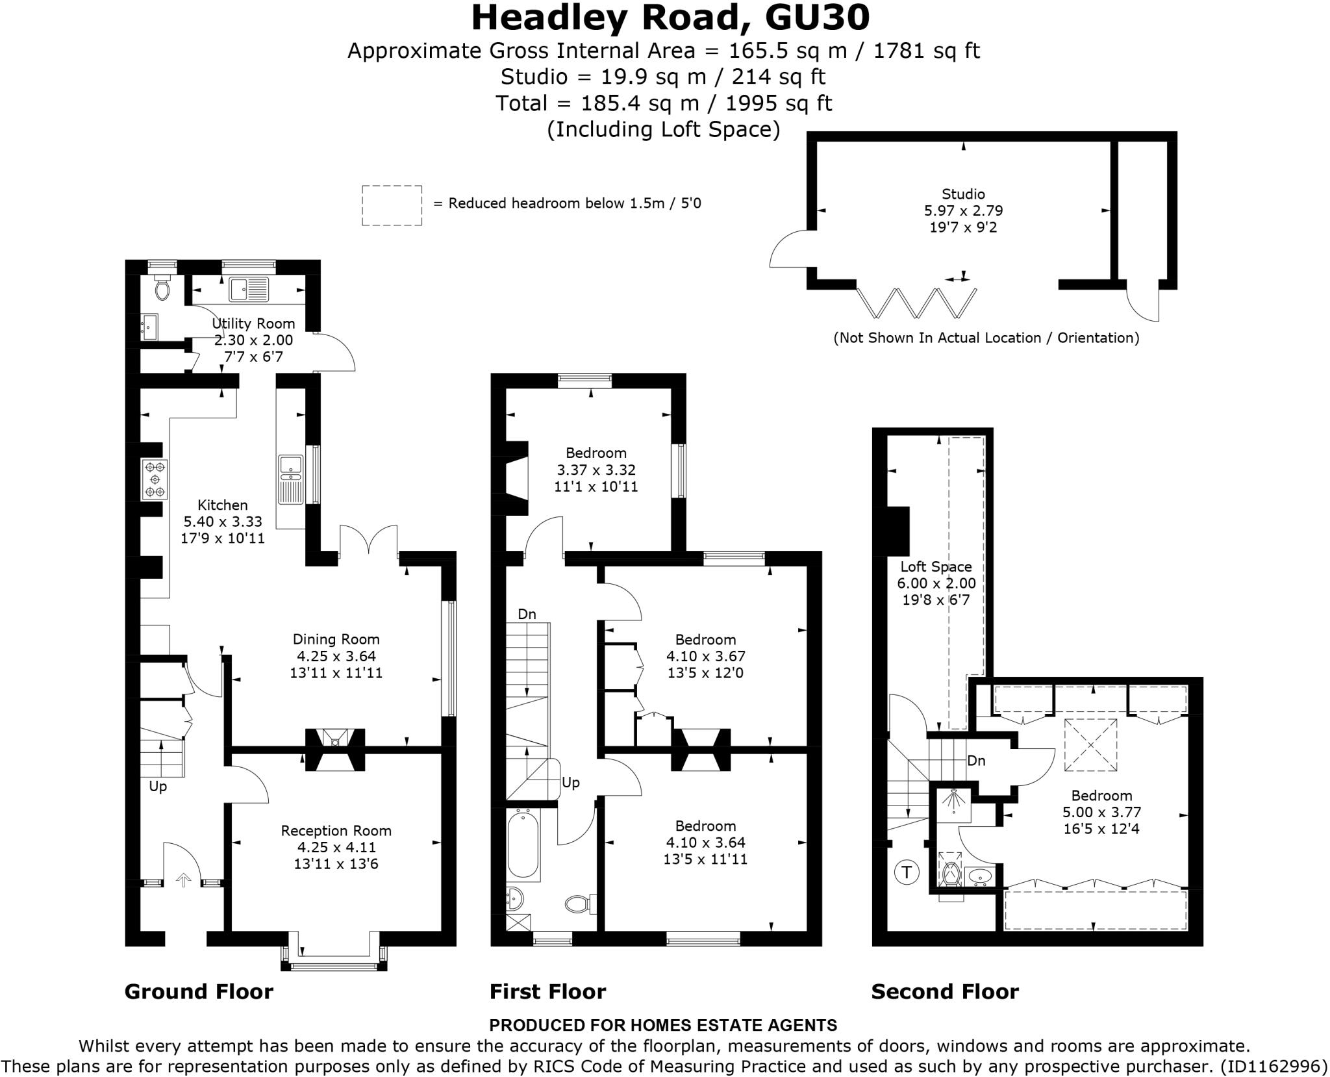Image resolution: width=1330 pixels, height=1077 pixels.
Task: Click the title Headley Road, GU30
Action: coord(670,18)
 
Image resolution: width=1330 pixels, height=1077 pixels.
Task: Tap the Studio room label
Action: coord(963,194)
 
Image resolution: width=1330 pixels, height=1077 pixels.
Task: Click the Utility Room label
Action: coord(253,323)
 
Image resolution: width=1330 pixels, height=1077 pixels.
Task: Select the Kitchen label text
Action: coord(223,505)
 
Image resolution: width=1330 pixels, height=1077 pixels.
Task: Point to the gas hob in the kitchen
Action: coord(155,479)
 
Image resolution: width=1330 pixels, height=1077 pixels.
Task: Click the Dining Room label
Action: coord(336,639)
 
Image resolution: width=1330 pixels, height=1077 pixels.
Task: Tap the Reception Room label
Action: coord(336,830)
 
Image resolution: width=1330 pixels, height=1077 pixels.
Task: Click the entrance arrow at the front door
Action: coord(184,880)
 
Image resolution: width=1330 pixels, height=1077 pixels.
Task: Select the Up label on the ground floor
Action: coord(158,786)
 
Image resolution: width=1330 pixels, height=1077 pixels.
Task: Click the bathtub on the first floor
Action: coord(523,844)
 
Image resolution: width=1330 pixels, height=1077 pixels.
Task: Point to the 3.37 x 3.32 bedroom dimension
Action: coord(596,470)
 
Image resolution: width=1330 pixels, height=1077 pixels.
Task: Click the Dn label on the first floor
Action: coord(527,614)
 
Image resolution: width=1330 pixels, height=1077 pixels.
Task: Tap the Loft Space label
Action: coord(936,566)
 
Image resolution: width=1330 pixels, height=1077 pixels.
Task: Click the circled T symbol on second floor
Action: coord(907,872)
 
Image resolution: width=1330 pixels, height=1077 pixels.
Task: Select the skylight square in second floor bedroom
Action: coord(1090,744)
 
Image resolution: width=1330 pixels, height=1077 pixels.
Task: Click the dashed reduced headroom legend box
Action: coord(392,205)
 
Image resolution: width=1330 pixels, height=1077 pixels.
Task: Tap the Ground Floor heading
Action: coord(199,992)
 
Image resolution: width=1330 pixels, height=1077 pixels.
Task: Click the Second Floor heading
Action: coord(944,992)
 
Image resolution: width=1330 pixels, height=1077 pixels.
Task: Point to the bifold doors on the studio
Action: coord(916,303)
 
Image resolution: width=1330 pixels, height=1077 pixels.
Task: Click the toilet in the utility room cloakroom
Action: coord(162,288)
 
